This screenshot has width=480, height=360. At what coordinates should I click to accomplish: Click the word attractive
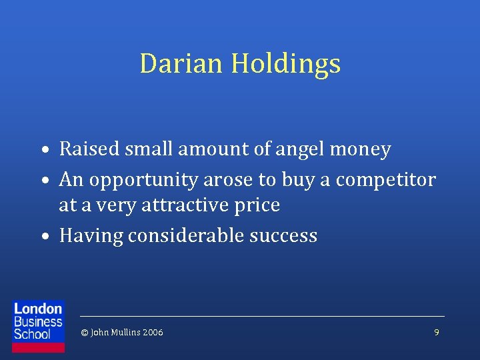click(x=193, y=205)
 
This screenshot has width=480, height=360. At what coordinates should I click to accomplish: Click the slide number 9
click(x=437, y=332)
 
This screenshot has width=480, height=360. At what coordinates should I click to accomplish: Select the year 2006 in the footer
click(x=151, y=332)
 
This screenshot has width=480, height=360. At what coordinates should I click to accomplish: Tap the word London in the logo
click(x=38, y=309)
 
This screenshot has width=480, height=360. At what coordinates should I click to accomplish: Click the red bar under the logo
click(x=39, y=347)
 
